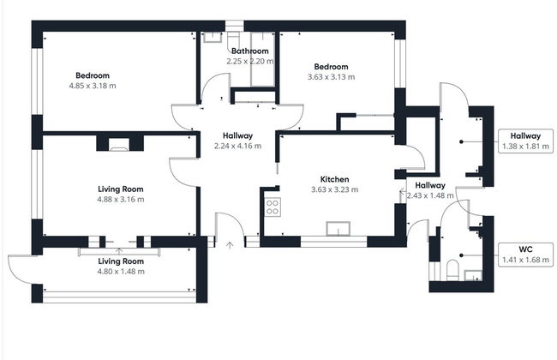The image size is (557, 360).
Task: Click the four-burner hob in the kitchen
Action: tap(273, 206)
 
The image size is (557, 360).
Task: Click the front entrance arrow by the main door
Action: tap(229, 245)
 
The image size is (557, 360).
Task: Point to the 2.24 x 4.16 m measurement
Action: tap(237, 146)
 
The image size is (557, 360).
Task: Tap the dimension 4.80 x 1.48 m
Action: tap(120, 272)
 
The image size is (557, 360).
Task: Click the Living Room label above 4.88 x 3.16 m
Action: tap(120, 189)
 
